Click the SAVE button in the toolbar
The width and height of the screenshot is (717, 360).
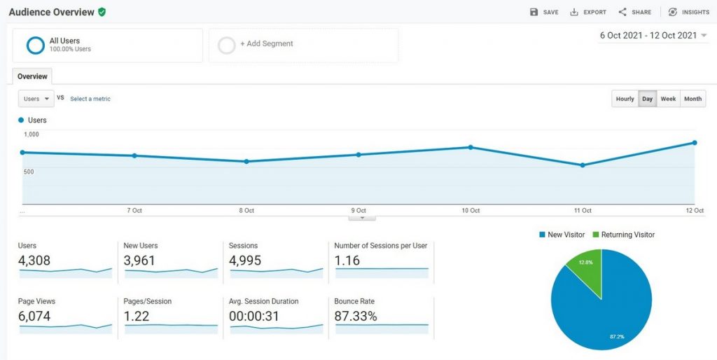544,12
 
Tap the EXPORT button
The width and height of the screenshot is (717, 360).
588,12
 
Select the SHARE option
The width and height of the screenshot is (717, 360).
634,12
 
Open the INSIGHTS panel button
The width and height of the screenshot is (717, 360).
688,12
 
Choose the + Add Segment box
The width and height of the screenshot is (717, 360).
266,44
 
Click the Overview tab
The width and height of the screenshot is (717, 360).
32,76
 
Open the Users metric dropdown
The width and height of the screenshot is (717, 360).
36,99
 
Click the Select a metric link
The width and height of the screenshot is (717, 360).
90,99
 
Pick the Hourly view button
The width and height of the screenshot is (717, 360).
625,99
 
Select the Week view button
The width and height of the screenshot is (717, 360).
668,99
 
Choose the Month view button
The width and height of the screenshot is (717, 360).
692,99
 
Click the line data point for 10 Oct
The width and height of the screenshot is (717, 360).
471,147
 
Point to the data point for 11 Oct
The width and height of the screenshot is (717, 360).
583,165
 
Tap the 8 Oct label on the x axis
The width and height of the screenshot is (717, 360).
246,210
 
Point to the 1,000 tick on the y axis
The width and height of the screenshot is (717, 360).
32,134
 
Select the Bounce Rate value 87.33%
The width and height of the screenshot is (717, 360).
356,317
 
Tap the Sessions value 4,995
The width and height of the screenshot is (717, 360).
247,261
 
